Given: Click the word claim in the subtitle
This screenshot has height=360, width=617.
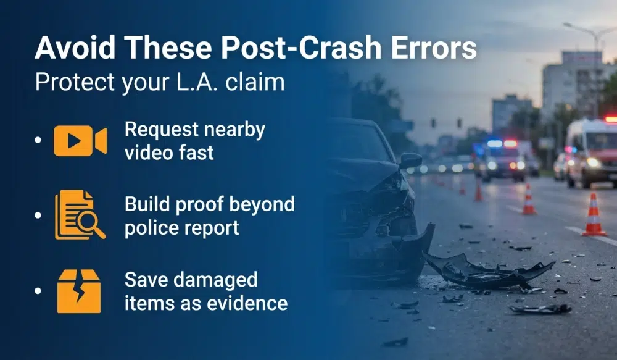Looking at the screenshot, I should (x=255, y=83).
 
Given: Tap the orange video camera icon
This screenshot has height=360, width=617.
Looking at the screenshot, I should (x=80, y=141).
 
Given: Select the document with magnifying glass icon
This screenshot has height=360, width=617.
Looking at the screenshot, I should (x=80, y=214).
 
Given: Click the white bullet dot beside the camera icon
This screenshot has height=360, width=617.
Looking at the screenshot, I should (x=38, y=141).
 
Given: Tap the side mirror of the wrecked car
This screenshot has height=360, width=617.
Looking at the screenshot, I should (x=410, y=161).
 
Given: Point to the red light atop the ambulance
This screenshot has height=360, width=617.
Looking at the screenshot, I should (x=610, y=119).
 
